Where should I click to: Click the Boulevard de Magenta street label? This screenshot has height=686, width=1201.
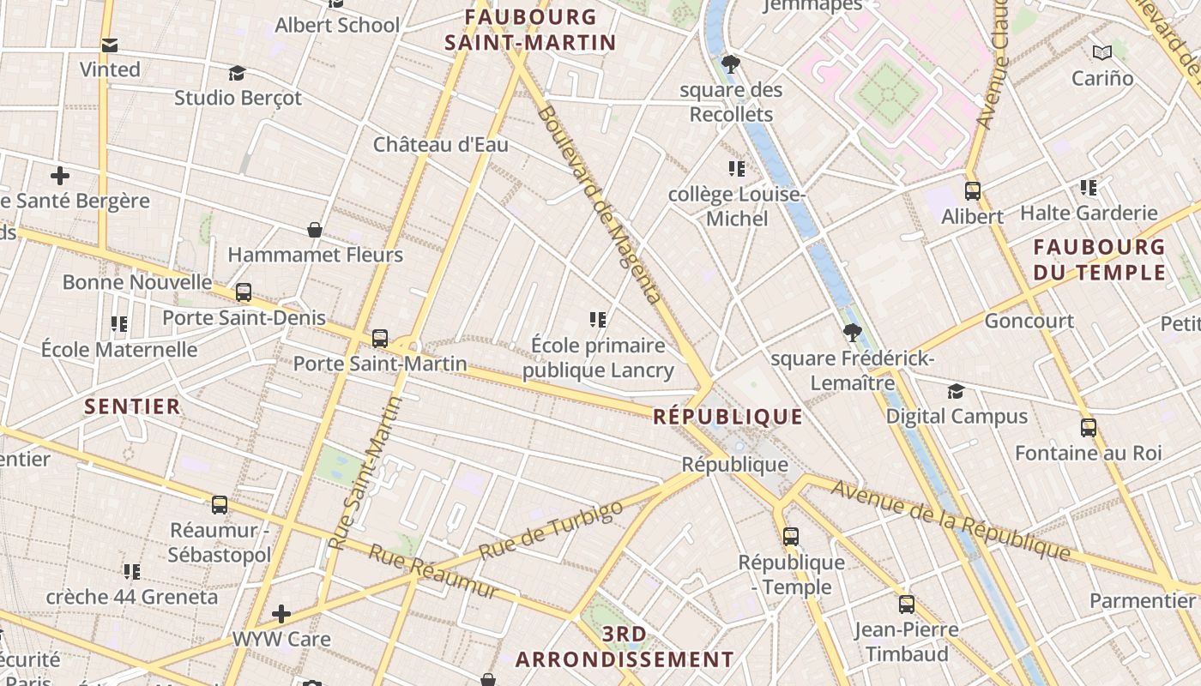(600, 206)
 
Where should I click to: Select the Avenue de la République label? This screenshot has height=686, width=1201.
(951, 521)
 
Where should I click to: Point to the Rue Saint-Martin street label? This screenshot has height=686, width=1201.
(365, 473)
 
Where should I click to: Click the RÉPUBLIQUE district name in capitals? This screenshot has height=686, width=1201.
(728, 417)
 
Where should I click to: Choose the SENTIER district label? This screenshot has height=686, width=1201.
(132, 406)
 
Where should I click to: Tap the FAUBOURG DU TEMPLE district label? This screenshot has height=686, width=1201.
(1099, 260)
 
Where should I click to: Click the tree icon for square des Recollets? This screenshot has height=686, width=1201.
(731, 63)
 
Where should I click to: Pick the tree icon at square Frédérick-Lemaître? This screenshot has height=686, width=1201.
(852, 333)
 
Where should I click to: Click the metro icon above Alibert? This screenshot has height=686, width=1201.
(972, 191)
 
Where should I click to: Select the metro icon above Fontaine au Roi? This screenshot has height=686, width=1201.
(1088, 427)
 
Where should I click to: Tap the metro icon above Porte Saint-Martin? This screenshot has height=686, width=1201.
(380, 339)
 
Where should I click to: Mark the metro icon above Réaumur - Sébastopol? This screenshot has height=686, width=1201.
(220, 505)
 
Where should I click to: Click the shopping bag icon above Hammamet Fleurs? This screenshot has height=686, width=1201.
(315, 230)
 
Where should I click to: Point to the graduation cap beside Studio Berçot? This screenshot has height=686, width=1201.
(238, 74)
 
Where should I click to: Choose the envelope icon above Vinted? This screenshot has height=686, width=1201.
(110, 45)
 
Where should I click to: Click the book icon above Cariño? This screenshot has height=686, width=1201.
(1102, 53)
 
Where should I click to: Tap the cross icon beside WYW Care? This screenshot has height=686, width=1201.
(281, 614)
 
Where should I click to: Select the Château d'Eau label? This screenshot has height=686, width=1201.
(440, 144)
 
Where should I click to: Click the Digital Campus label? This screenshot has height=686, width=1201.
(957, 417)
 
